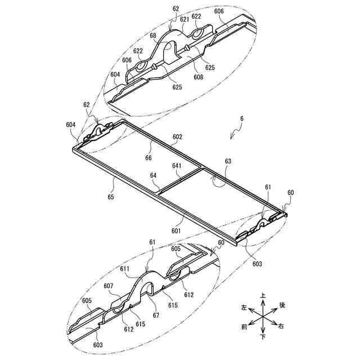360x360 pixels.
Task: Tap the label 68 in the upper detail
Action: tap(153, 35)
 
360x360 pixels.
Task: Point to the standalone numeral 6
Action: tap(242, 119)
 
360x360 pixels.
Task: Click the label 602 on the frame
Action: tap(177, 137)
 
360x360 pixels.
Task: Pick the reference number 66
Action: tap(148, 159)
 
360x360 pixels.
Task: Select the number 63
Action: tap(228, 161)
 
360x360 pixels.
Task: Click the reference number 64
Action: tap(153, 176)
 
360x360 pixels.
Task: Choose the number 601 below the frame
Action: tap(176, 230)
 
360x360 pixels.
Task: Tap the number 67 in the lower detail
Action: tap(156, 315)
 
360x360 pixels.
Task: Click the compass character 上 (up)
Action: tap(262, 295)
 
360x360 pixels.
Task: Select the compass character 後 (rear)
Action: tap(282, 305)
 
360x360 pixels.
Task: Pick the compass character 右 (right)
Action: tap(281, 326)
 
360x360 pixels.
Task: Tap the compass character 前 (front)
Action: tap(243, 326)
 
